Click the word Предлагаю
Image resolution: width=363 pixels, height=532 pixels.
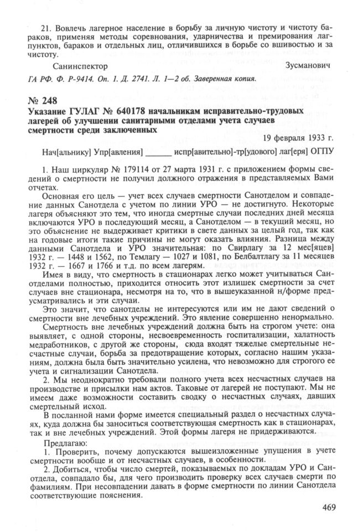pyautogui.click(x=64, y=443)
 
